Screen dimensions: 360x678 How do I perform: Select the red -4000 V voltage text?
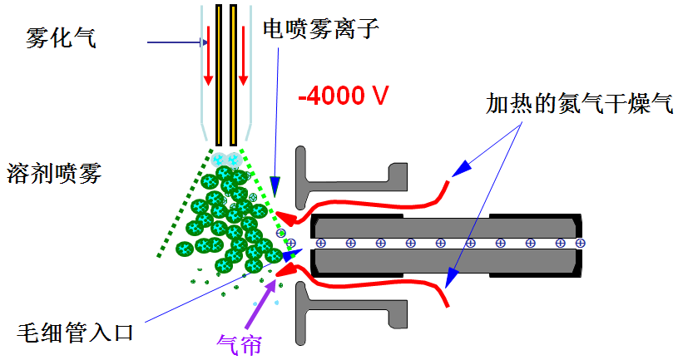[344, 96]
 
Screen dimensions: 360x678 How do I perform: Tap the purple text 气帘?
[240, 342]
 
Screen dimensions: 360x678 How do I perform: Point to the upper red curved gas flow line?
[366, 203]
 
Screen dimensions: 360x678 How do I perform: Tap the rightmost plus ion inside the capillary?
[581, 243]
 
